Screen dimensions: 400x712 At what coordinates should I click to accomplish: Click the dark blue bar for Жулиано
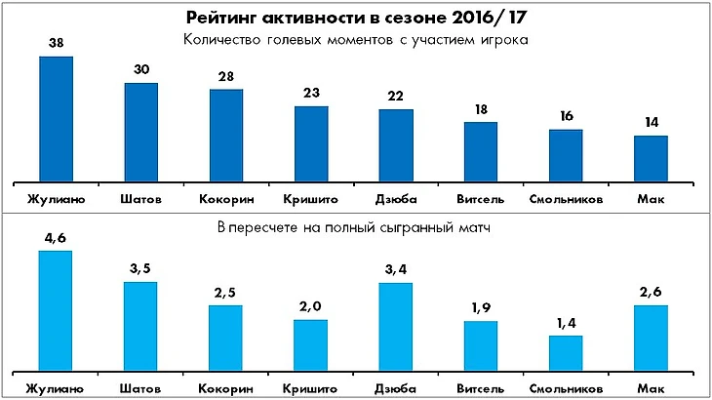57,119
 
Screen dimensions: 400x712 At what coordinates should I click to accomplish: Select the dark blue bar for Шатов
141,133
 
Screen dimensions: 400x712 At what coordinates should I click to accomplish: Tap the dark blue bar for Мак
651,158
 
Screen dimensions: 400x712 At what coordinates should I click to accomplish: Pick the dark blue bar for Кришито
311,143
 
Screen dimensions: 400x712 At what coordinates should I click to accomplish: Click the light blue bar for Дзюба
395,327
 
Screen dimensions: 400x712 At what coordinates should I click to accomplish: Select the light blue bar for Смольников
566,353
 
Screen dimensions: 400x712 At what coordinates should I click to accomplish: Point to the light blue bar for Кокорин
226,338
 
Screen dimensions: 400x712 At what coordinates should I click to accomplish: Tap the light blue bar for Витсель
481,345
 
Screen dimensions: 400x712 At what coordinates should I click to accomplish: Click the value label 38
56,44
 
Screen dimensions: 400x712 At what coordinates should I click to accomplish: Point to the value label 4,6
56,238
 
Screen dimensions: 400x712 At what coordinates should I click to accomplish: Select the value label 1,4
566,323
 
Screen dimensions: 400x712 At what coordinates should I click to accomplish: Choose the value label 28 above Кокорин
226,77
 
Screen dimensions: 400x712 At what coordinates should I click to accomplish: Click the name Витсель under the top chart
481,199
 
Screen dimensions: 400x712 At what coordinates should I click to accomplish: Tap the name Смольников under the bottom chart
566,389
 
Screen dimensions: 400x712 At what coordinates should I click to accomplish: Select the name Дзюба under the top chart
395,199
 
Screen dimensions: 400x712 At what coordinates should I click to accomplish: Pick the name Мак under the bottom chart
651,389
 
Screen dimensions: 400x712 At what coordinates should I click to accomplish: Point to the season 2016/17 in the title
484,18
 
